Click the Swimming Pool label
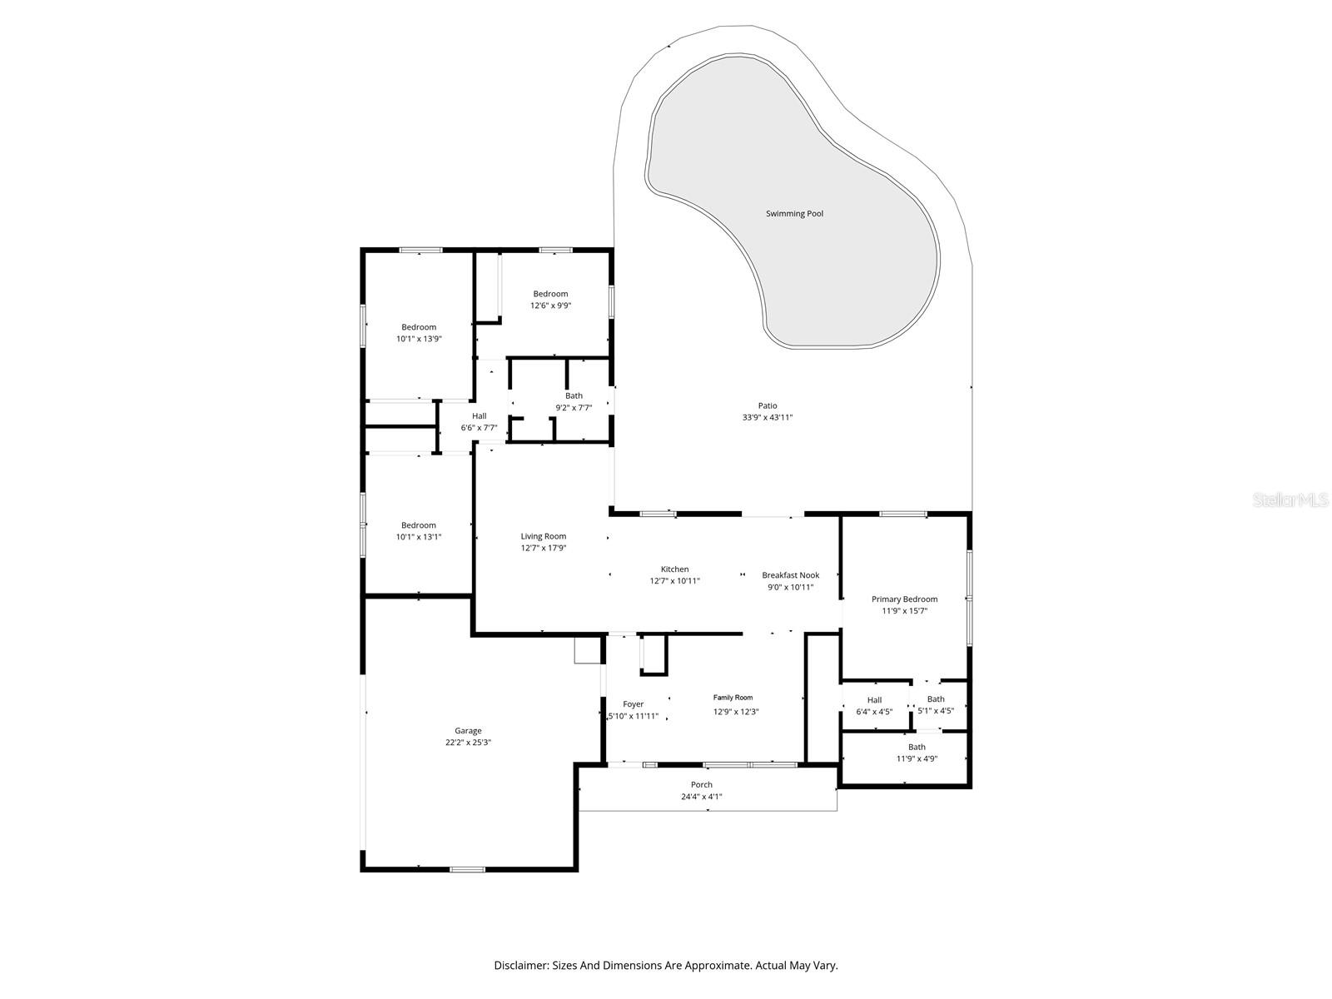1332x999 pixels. click(x=794, y=214)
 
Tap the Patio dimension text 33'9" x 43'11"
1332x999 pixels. click(x=768, y=418)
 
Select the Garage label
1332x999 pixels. click(x=468, y=731)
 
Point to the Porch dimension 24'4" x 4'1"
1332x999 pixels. click(x=701, y=797)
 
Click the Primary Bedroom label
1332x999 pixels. click(x=904, y=599)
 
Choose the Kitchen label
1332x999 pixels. click(x=674, y=569)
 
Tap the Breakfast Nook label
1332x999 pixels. click(x=790, y=575)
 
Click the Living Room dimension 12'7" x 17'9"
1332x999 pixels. click(x=544, y=549)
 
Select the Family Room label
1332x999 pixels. click(x=733, y=698)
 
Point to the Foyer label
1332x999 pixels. click(x=633, y=704)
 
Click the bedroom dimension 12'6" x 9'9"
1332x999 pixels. click(x=550, y=306)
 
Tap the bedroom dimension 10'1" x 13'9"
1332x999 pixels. click(x=418, y=339)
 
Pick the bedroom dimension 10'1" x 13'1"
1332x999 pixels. click(x=418, y=537)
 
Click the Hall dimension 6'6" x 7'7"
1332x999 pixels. click(x=479, y=428)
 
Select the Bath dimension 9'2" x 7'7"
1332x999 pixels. click(x=574, y=408)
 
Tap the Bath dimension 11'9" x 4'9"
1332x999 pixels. click(x=917, y=758)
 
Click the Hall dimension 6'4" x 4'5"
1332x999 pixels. click(x=874, y=712)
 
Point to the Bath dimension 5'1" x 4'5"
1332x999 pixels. click(x=936, y=711)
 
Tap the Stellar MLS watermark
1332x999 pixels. click(x=1291, y=500)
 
